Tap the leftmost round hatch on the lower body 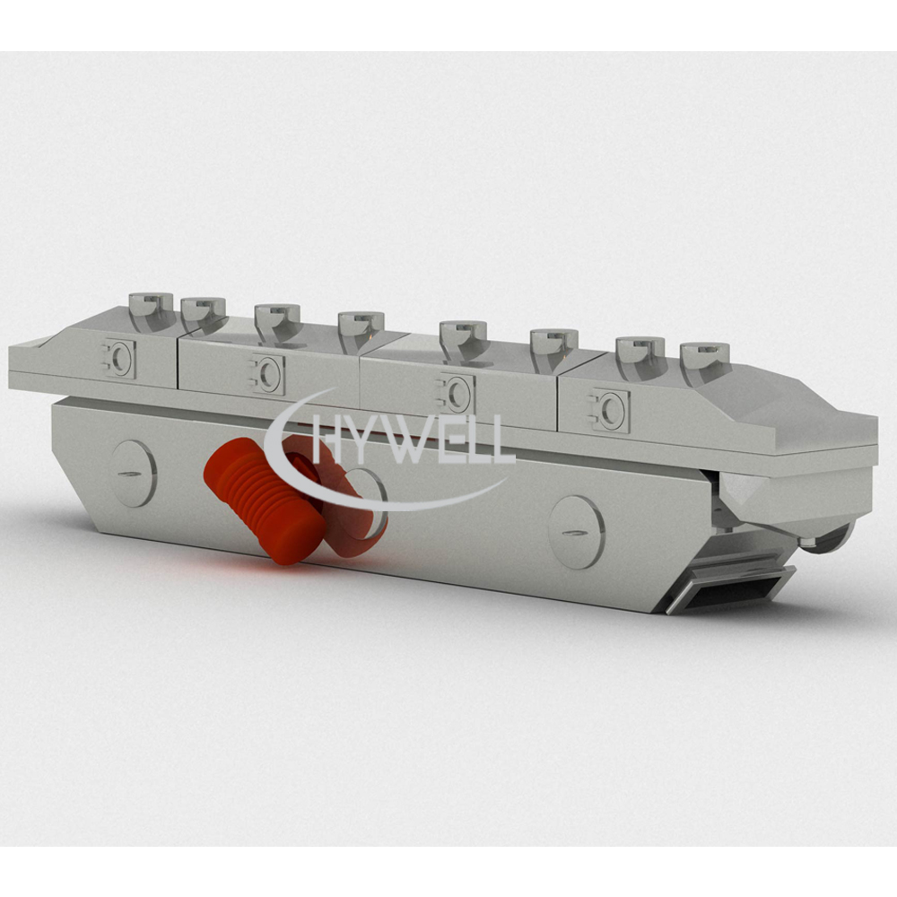pos(134,474)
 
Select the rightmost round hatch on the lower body pos(576,532)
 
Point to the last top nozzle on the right pos(705,361)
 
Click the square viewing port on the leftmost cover pos(119,358)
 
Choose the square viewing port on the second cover pos(266,374)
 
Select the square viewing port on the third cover pos(456,393)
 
